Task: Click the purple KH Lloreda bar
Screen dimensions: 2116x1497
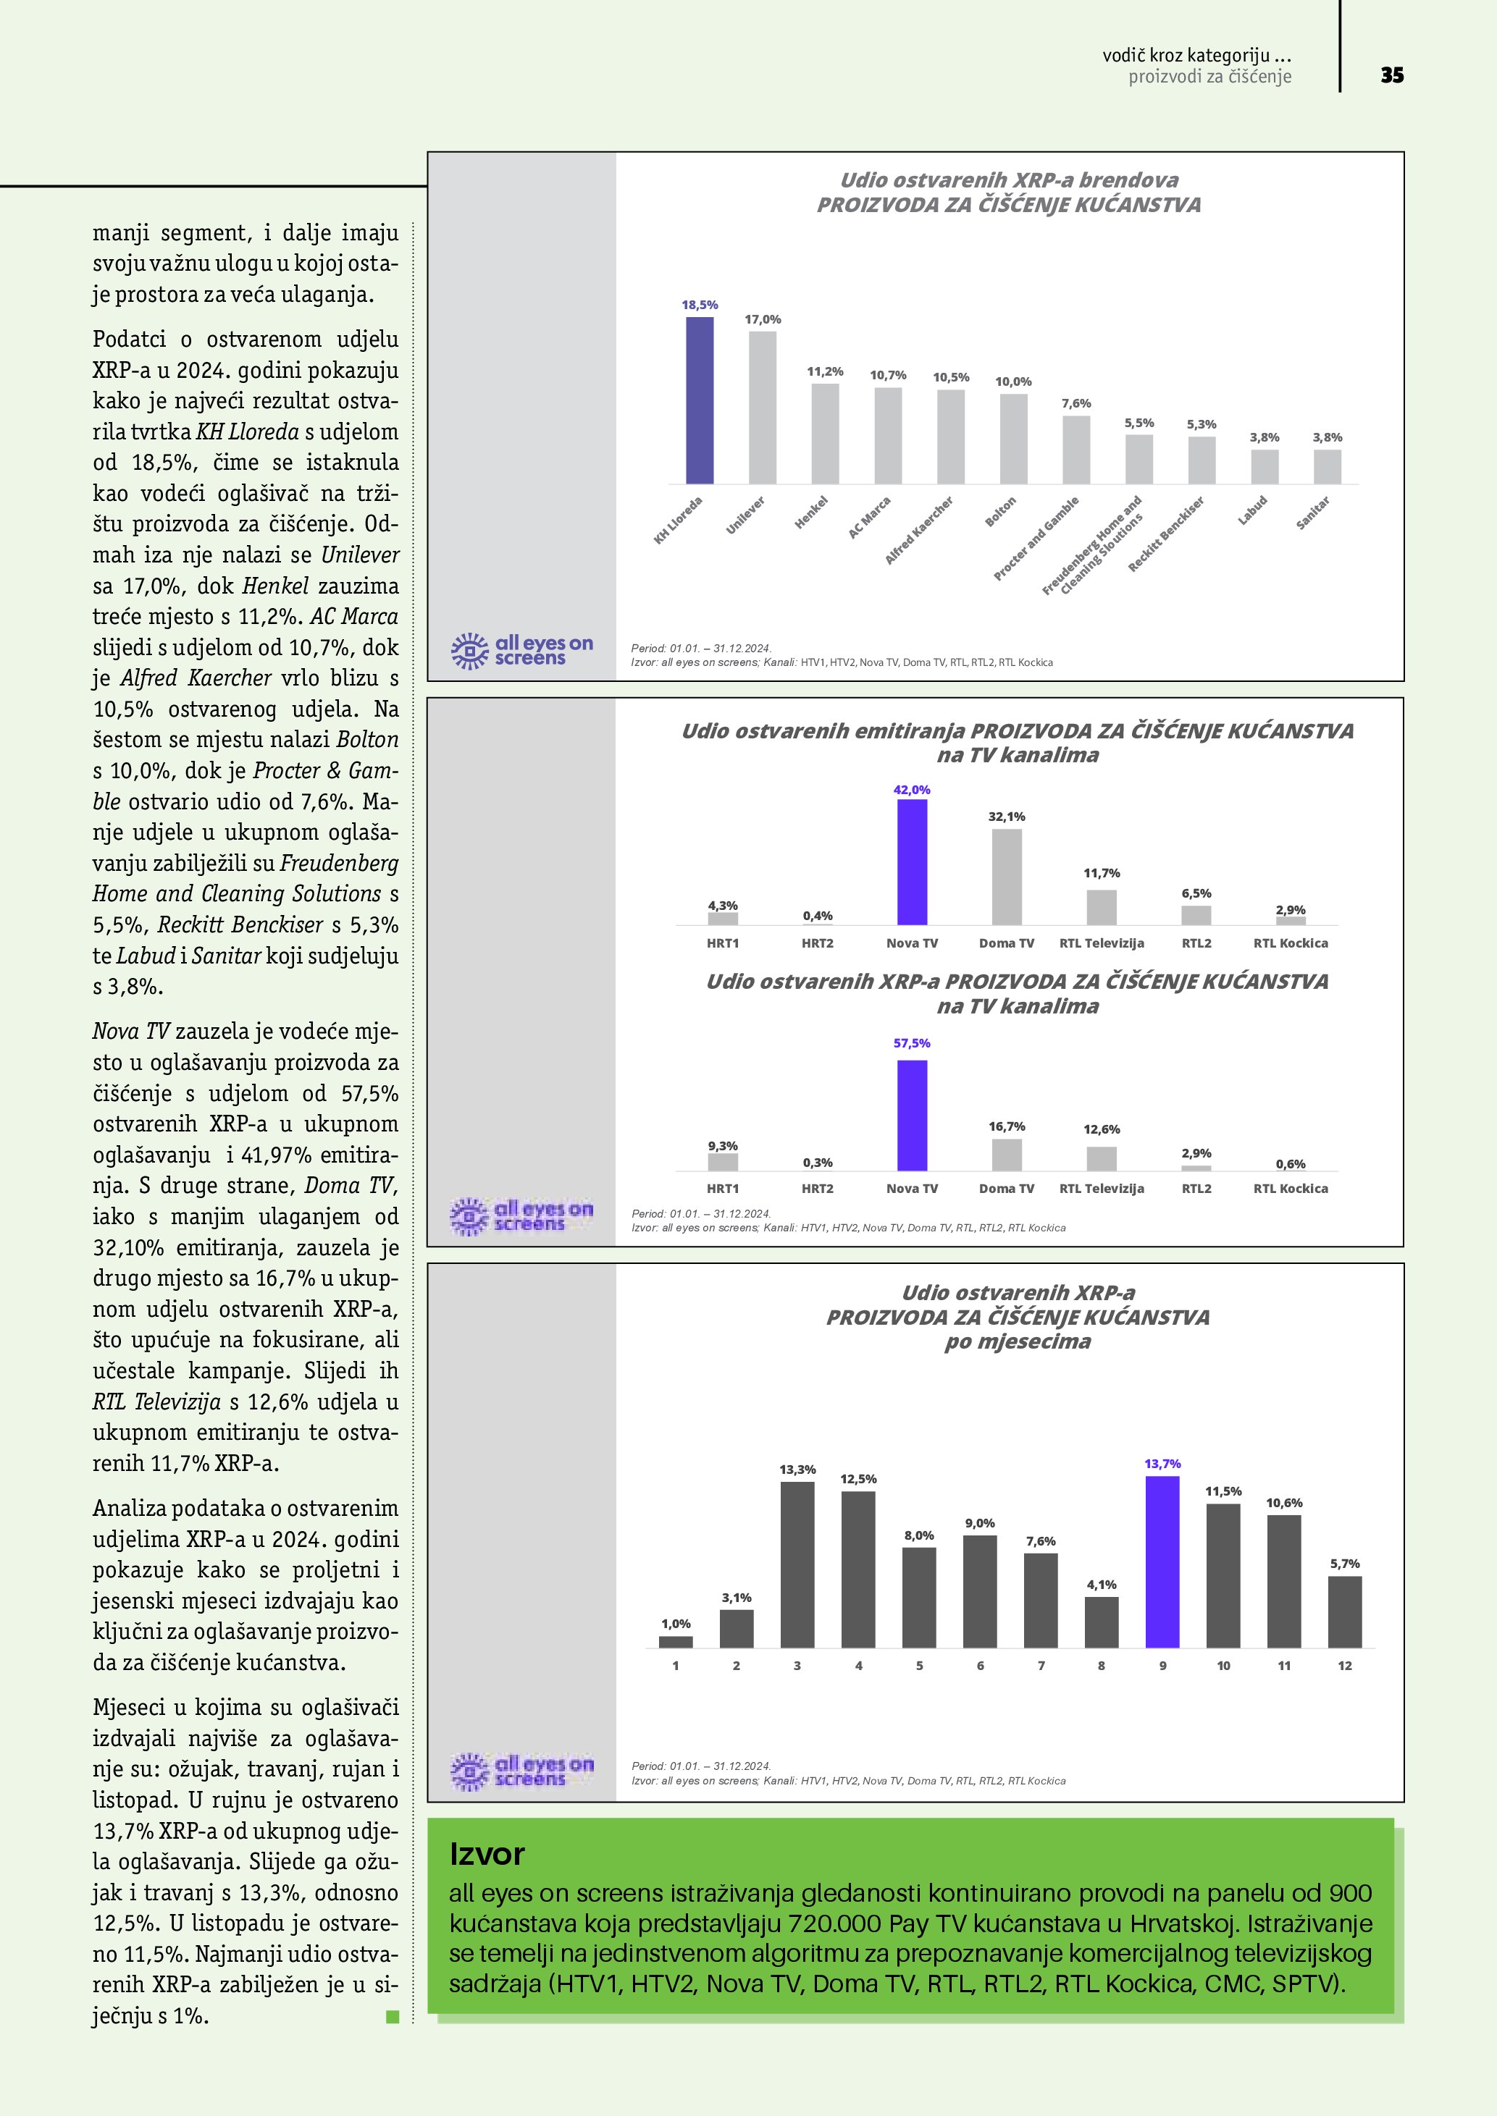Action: (700, 400)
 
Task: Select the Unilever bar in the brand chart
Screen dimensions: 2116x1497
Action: (763, 408)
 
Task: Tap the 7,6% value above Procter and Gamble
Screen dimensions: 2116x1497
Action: (1075, 404)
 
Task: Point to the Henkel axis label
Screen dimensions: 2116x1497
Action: (812, 513)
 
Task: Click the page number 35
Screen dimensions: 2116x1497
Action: (1392, 75)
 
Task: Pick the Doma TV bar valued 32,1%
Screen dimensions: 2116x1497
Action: (1007, 877)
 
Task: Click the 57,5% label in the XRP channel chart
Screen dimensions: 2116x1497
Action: (912, 1043)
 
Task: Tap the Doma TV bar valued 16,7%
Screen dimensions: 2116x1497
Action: (1007, 1155)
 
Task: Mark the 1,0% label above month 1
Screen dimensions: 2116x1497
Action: (676, 1623)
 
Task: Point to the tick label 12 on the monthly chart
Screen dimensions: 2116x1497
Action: (1345, 1665)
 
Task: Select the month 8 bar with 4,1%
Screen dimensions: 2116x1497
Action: (1102, 1622)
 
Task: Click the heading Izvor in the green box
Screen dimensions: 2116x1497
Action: (487, 1854)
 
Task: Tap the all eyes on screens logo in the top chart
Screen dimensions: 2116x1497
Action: (521, 651)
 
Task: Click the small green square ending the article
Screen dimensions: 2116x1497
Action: (393, 2017)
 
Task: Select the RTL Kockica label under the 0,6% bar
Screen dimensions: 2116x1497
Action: (1291, 1189)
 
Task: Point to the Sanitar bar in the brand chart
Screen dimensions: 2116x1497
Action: (1328, 466)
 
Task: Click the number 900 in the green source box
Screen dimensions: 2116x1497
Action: (1349, 1893)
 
